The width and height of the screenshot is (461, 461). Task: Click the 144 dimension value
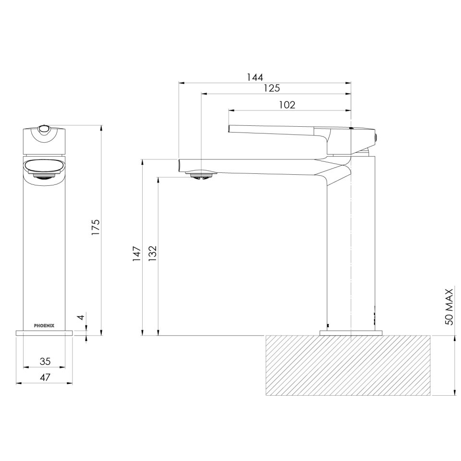pos(255,77)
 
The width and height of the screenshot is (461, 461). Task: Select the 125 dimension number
pos(271,88)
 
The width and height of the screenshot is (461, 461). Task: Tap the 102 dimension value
pos(287,105)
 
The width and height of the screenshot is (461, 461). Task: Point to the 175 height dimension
pos(96,227)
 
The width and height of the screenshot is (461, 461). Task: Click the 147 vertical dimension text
pos(136,253)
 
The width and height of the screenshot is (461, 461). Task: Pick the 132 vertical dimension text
pos(152,253)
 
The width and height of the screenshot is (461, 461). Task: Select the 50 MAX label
pos(449,307)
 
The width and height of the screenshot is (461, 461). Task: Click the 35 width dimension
pos(45,361)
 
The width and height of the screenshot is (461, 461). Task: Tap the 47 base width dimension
pos(45,377)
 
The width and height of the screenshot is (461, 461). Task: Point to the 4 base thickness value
pos(81,317)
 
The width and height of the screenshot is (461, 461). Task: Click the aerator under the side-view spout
pos(201,175)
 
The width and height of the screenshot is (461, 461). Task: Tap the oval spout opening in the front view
pos(44,167)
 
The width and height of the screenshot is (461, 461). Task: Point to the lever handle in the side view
pos(279,131)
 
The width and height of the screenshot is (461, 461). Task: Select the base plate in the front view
pos(44,332)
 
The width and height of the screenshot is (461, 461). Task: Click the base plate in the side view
pos(351,332)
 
